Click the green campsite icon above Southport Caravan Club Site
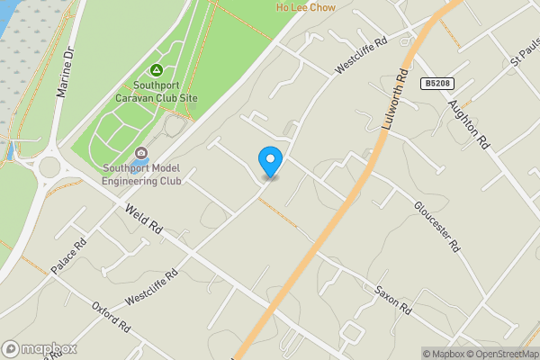click(156, 69)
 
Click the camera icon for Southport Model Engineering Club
click(140, 152)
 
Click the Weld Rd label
click(144, 220)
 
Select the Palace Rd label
click(68, 256)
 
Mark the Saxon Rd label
click(393, 301)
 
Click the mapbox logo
click(40, 349)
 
